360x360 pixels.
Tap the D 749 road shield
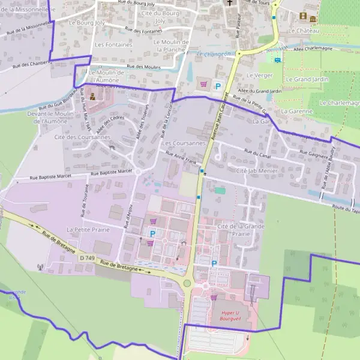pos(86,257)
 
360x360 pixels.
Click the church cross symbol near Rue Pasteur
pos(229,2)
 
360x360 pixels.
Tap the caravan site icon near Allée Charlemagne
pos(277,59)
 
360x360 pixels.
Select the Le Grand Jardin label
pos(307,79)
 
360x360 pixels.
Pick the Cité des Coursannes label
pos(83,137)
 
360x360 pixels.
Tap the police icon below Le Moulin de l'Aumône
pos(93,95)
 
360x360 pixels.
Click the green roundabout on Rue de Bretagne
pos(187,283)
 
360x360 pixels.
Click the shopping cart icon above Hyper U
pos(213,297)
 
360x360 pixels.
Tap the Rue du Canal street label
pos(258,153)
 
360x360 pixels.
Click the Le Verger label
pos(260,76)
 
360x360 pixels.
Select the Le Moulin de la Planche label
pos(171,46)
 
